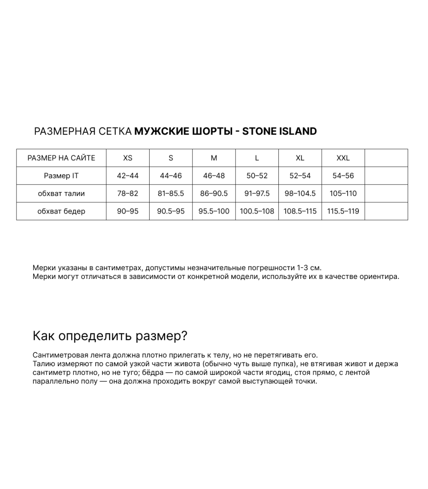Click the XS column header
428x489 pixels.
tap(128, 158)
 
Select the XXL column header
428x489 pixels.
tap(343, 158)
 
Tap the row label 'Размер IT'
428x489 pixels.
tap(61, 176)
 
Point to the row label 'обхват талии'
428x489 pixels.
tap(61, 194)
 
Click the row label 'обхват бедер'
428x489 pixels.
tap(61, 211)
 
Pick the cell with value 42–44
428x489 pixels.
tap(128, 176)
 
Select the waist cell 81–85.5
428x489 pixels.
tap(171, 194)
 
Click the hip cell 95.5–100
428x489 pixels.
tap(214, 211)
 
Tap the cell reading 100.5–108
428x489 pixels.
tap(257, 211)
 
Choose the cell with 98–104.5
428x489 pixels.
tap(300, 194)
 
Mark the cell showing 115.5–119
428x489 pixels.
tap(343, 211)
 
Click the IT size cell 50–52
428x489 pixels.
tap(257, 176)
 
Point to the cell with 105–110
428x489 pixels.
tap(343, 194)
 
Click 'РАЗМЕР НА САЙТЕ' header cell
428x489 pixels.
tap(61, 158)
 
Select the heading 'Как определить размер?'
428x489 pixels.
tap(110, 336)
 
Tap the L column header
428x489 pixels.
tap(257, 158)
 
